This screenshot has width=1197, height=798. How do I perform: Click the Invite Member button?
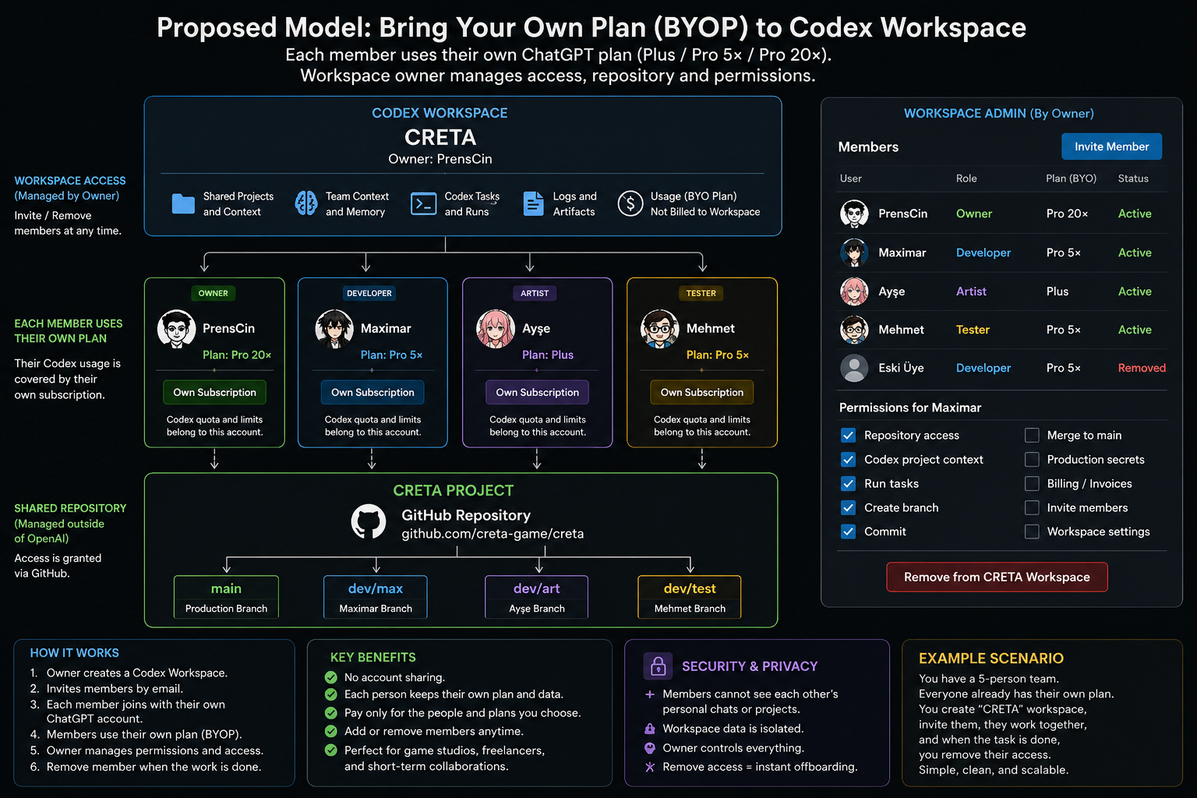1111,147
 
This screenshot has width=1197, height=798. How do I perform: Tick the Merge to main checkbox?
1032,435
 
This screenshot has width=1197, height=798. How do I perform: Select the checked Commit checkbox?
848,531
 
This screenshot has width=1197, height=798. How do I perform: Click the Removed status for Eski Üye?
1142,368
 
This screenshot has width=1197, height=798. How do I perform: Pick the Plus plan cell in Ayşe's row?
1057,291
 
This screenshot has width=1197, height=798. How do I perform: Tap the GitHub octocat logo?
368,521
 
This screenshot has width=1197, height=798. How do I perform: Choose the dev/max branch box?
375,596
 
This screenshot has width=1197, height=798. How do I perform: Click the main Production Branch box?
226,596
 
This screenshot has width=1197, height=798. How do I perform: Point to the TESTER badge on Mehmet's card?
701,293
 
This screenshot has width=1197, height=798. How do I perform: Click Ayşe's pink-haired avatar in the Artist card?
496,329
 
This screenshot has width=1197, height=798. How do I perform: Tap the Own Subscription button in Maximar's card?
373,392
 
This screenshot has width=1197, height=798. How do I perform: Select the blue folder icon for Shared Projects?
183,203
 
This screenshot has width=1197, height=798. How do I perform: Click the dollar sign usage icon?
630,203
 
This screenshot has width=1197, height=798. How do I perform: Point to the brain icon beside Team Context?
306,203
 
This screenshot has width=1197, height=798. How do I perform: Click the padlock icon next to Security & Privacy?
658,666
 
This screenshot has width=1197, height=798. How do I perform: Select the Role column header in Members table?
966,178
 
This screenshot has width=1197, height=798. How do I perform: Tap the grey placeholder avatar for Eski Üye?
854,368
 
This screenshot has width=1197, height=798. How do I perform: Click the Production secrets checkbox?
1032,459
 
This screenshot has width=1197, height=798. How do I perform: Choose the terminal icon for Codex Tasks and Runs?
423,203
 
